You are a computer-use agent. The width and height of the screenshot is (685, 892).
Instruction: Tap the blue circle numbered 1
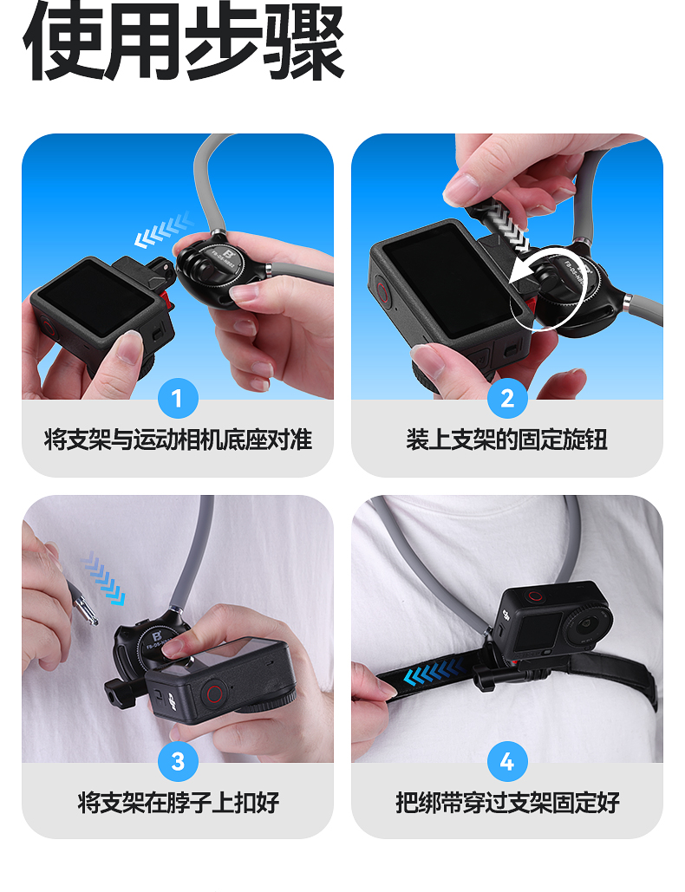pos(178,398)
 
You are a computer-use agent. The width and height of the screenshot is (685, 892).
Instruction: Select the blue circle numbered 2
pos(507,398)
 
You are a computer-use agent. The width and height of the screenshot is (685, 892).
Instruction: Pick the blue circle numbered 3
pos(178,761)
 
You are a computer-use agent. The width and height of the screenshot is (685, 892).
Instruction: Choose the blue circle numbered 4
pos(507,761)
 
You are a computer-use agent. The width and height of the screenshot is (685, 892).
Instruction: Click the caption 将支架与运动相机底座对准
pos(178,439)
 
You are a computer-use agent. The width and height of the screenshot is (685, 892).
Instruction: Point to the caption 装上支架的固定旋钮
pos(507,439)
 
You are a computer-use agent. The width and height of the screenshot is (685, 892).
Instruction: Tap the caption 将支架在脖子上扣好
pos(178,803)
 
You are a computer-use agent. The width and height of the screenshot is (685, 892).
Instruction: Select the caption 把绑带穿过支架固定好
pos(507,803)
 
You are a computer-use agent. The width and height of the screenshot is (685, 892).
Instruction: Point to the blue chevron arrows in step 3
pos(103,580)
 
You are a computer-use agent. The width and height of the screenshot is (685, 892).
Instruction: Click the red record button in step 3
pos(214,693)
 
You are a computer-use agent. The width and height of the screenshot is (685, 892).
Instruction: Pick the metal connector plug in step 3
pos(82,605)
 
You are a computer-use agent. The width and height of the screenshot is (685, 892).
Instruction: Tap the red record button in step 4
pos(535,596)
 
